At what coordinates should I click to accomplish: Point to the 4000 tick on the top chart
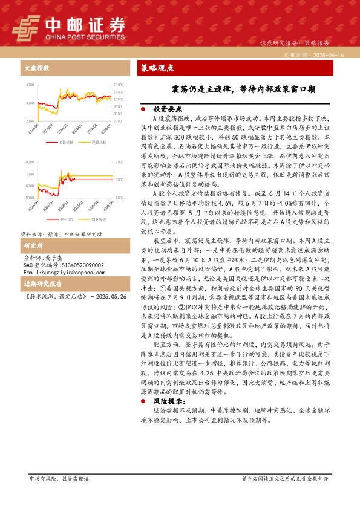point(30,85)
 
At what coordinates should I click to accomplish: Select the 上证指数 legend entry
point(65,142)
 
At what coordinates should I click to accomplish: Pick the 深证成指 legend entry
point(99,142)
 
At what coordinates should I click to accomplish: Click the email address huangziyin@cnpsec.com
point(60,273)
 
